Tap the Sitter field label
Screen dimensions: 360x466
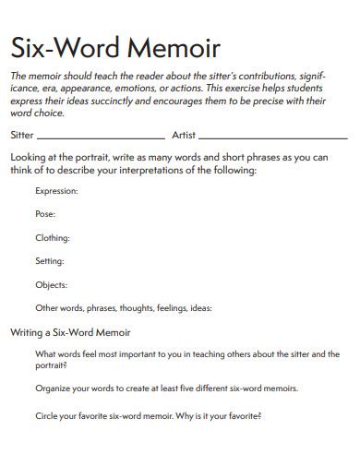click(22, 135)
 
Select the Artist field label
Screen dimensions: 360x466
click(184, 135)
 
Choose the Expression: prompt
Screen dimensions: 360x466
click(56, 191)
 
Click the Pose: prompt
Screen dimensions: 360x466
click(45, 214)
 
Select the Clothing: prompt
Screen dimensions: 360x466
click(53, 238)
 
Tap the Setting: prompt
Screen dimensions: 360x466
click(50, 261)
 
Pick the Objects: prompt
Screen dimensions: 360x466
click(51, 285)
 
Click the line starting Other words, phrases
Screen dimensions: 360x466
click(124, 308)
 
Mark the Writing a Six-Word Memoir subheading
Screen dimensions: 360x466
click(70, 331)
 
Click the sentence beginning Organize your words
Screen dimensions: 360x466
click(167, 388)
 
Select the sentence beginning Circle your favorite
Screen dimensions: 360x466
click(148, 416)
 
